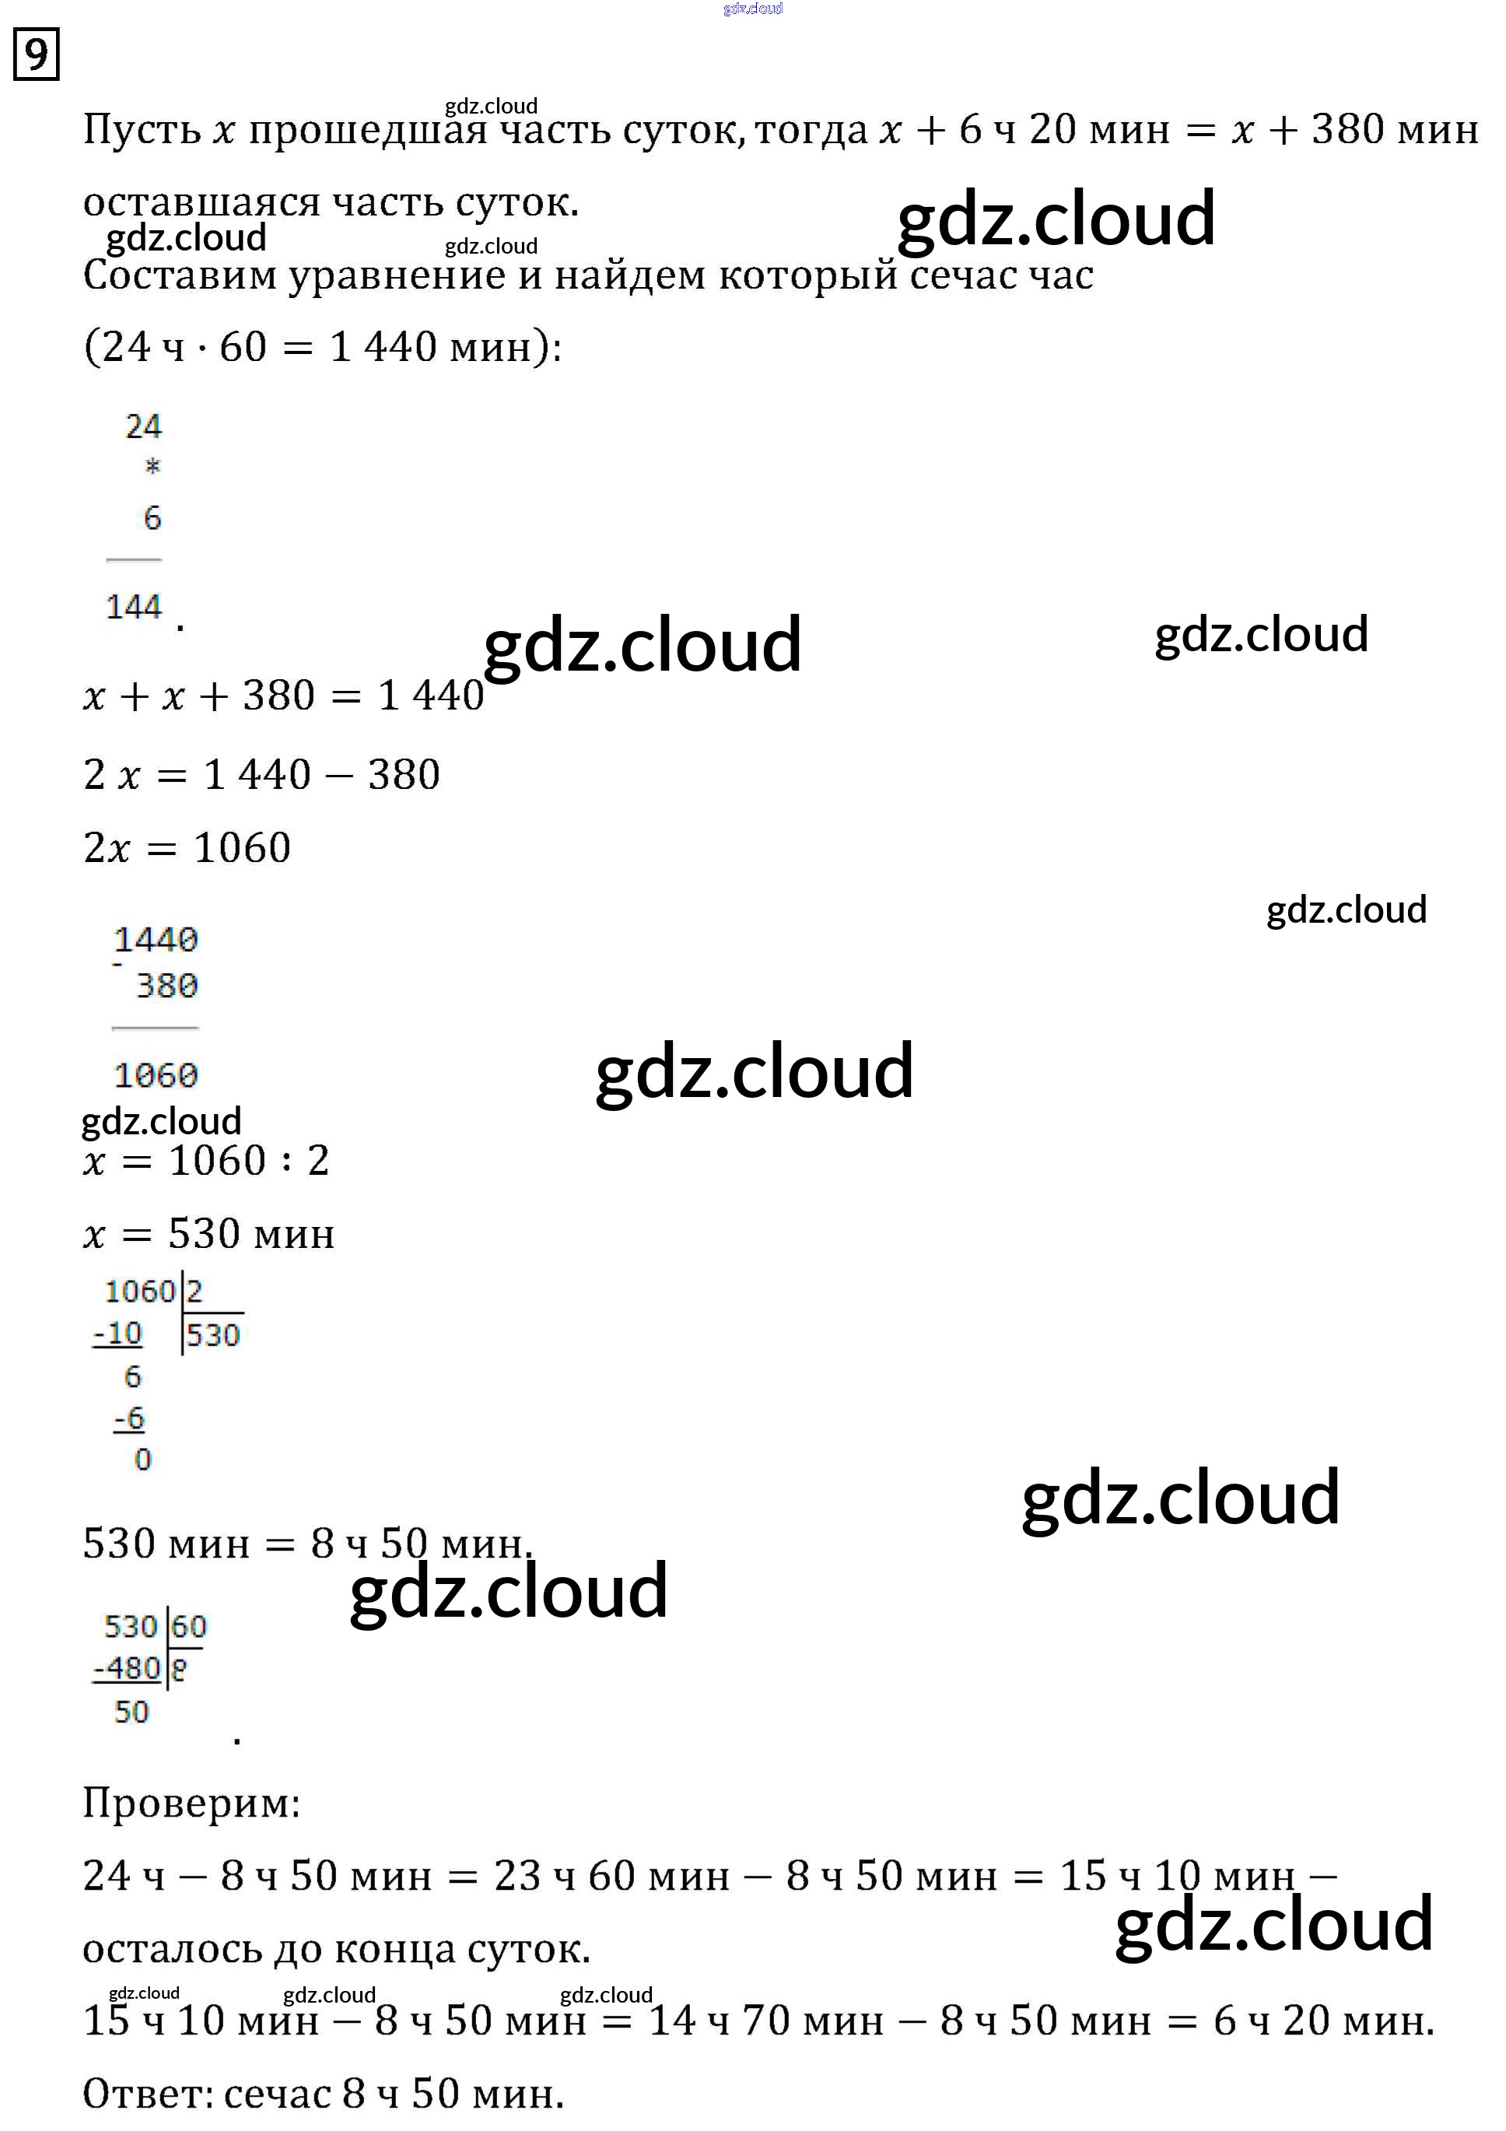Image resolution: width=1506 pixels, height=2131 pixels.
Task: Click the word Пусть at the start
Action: [x=141, y=130]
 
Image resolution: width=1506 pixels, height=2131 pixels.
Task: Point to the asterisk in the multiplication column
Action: [x=153, y=467]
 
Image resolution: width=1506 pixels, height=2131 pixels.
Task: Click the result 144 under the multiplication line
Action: [x=134, y=607]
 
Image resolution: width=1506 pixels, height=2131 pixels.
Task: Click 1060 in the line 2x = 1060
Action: [x=242, y=847]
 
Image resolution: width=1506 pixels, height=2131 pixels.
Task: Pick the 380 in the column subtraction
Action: [x=167, y=986]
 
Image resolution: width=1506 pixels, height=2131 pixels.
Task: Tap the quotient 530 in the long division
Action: [x=213, y=1334]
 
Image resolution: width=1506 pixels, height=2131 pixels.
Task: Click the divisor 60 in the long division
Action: [x=189, y=1625]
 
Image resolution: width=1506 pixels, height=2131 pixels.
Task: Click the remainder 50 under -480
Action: [x=131, y=1712]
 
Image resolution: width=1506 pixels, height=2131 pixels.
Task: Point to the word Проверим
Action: [x=191, y=1803]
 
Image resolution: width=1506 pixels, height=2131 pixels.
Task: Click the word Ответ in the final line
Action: [x=146, y=2094]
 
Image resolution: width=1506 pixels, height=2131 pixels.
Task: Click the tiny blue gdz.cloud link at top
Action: [x=752, y=9]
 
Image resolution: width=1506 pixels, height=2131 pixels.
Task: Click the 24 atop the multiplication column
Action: [x=144, y=426]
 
